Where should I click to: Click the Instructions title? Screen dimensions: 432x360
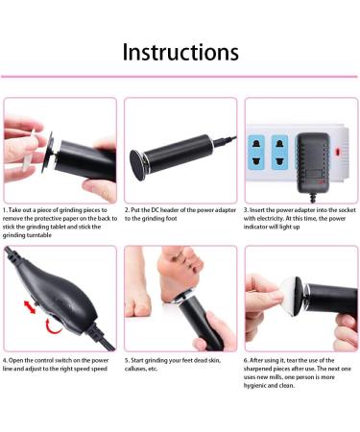(180, 50)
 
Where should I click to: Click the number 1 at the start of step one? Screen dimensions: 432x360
(7, 208)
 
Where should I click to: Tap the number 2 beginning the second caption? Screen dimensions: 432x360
(127, 208)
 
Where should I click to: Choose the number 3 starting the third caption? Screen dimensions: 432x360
(247, 208)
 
